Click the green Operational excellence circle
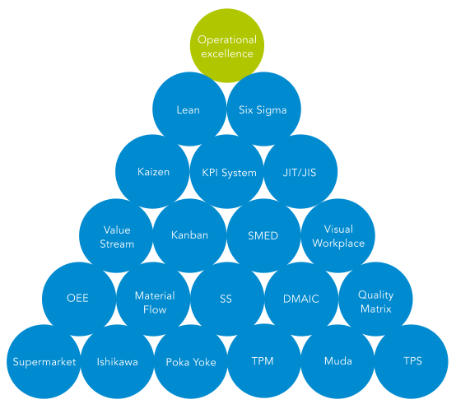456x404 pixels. tap(227, 45)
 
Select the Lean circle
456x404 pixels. tap(189, 109)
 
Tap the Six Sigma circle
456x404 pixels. tap(263, 109)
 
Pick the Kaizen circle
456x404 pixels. tap(152, 171)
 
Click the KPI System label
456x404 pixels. tap(229, 173)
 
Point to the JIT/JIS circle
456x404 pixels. tap(300, 171)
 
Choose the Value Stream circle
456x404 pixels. tap(116, 235)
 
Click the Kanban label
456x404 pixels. tap(189, 235)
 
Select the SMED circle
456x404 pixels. tap(263, 235)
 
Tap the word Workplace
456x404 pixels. tap(338, 244)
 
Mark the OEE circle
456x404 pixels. tap(79, 299)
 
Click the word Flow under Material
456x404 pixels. tap(155, 309)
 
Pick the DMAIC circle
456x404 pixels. tap(301, 299)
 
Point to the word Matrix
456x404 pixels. tap(375, 309)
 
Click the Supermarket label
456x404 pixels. tap(44, 362)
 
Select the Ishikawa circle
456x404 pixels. tap(118, 361)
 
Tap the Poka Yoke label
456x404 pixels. tap(191, 362)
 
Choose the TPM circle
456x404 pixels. tap(264, 361)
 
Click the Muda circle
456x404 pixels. tap(337, 361)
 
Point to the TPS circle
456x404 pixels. tap(412, 361)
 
